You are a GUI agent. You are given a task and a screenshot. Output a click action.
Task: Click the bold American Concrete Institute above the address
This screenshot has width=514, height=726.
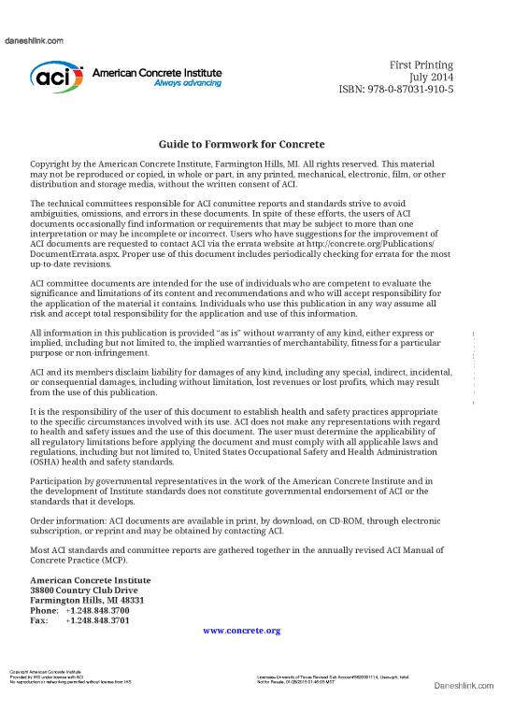click(91, 578)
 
